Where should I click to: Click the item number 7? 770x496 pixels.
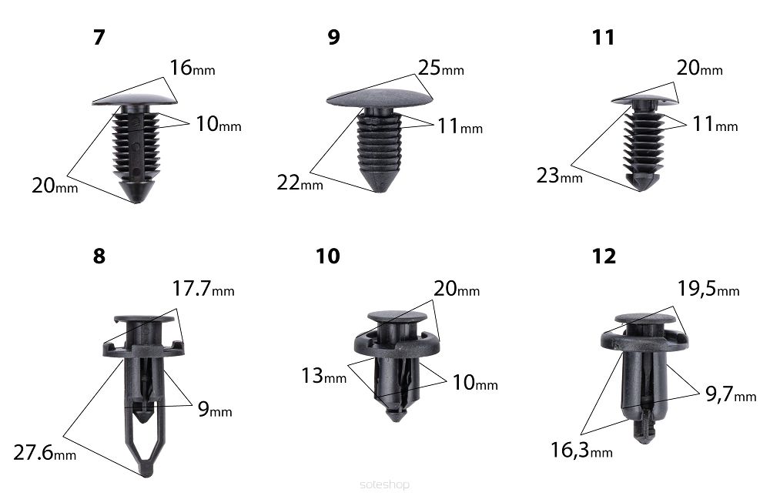(x=99, y=37)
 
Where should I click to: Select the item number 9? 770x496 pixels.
(x=334, y=37)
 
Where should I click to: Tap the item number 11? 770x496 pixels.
(x=603, y=37)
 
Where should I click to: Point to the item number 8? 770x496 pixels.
(x=99, y=256)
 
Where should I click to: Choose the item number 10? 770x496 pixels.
(x=327, y=256)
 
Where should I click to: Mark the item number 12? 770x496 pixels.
(x=604, y=256)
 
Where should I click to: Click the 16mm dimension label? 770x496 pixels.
(x=192, y=68)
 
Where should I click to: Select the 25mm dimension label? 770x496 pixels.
(x=441, y=68)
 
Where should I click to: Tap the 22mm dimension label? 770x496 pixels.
(x=300, y=183)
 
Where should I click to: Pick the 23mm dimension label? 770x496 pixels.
(x=559, y=176)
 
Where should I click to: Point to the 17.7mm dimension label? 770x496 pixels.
(x=203, y=289)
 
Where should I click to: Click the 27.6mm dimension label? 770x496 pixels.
(x=45, y=453)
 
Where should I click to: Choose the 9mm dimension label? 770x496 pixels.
(x=215, y=409)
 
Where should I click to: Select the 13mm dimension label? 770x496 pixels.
(x=323, y=376)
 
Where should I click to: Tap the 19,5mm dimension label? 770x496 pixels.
(x=708, y=290)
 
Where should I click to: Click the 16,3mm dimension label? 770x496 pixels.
(x=581, y=450)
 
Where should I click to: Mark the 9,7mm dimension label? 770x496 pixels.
(x=731, y=394)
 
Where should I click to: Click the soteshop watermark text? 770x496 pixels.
(x=384, y=485)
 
